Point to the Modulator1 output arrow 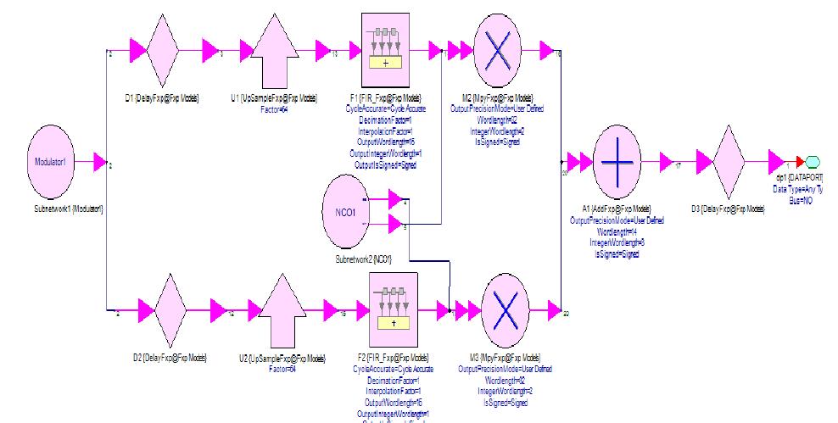tap(98, 162)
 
